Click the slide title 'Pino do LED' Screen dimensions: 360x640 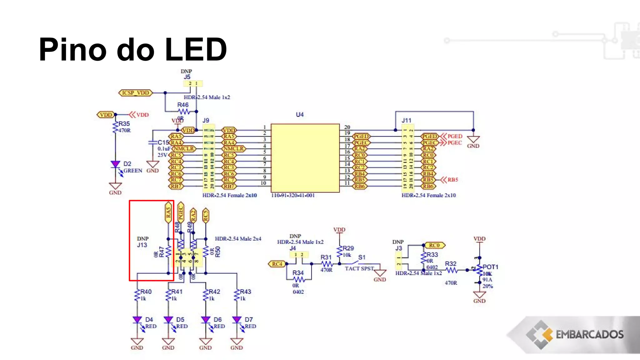click(133, 49)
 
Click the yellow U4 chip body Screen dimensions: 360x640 click(305, 158)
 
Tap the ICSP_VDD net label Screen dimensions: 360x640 click(136, 93)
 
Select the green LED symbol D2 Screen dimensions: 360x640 click(115, 164)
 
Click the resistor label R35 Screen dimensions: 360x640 click(124, 124)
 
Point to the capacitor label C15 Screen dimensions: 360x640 click(163, 142)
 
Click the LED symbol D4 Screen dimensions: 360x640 click(137, 320)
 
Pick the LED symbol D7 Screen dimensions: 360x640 click(237, 320)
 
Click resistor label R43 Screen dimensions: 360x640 click(245, 292)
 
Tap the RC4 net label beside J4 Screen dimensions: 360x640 click(277, 264)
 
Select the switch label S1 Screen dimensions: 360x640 click(362, 257)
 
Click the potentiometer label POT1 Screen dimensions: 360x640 click(490, 267)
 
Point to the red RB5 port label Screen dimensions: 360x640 click(452, 180)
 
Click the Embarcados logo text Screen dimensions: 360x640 click(589, 335)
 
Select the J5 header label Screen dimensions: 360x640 click(187, 77)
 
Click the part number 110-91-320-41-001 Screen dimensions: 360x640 click(293, 195)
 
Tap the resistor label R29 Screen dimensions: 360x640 click(348, 248)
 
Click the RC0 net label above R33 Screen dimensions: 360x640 click(434, 245)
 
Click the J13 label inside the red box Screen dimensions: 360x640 click(142, 245)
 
